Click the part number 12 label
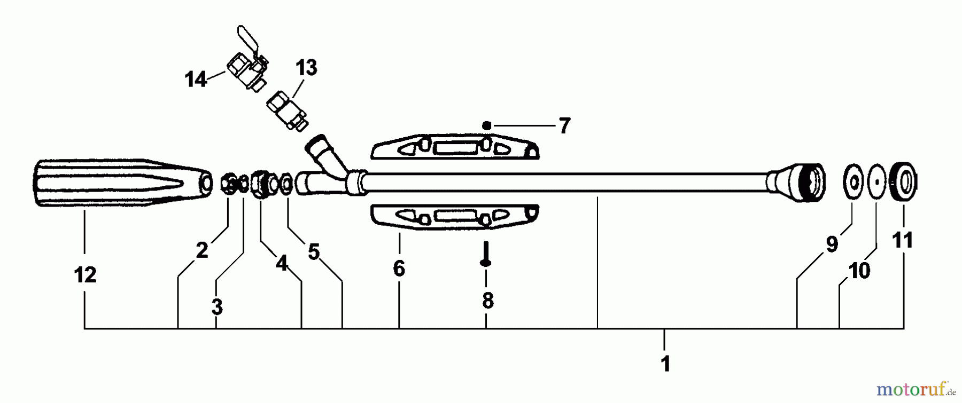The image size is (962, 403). pos(85,275)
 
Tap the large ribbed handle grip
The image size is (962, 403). pos(118,183)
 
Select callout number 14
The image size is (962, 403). pos(196,80)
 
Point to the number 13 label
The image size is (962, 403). pos(306,68)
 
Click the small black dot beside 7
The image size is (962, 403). pos(486,125)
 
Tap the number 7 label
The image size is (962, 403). pos(564,126)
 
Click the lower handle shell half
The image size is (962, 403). pos(454,217)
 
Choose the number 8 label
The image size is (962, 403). pos(487,301)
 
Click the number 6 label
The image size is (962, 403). pos(399,268)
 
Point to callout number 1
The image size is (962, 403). pos(665,365)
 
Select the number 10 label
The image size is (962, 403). pos(859,271)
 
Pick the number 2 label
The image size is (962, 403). pos(201,250)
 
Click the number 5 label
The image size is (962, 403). pos(314,252)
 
